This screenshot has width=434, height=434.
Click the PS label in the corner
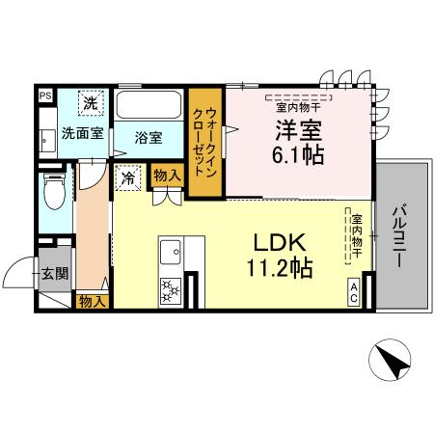pyautogui.click(x=45, y=95)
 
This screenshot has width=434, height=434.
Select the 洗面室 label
pyautogui.click(x=82, y=133)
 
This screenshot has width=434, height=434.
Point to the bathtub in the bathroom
pyautogui.click(x=149, y=105)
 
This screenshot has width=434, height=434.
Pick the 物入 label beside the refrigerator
pyautogui.click(x=166, y=176)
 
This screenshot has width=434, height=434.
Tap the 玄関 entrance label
pyautogui.click(x=54, y=273)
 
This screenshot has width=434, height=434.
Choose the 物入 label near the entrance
pyautogui.click(x=93, y=301)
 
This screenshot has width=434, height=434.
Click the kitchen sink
pyautogui.click(x=171, y=254)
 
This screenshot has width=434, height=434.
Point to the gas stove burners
pyautogui.click(x=171, y=288)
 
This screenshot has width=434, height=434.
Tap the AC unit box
pyautogui.click(x=355, y=291)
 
